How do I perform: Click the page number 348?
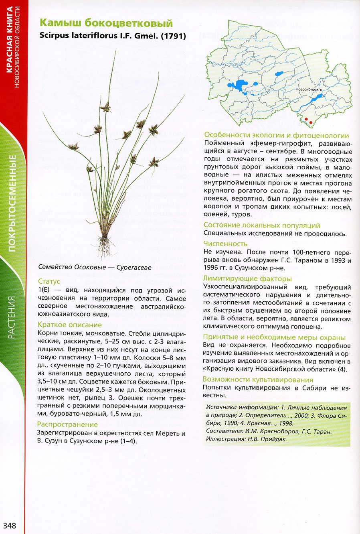10,525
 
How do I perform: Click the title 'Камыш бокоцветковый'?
106,23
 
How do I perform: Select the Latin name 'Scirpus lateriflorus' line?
113,35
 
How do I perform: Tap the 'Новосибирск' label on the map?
307,89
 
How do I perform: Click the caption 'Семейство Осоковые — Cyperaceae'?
95,267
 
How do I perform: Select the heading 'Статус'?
49,281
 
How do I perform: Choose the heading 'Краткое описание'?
70,325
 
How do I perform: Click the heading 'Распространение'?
67,424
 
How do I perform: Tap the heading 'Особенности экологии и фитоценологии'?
277,135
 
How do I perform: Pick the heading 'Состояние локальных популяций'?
262,225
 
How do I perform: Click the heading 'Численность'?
225,244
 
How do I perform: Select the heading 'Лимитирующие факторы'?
247,278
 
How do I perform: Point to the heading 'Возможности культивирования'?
258,379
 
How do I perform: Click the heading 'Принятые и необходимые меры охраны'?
274,337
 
